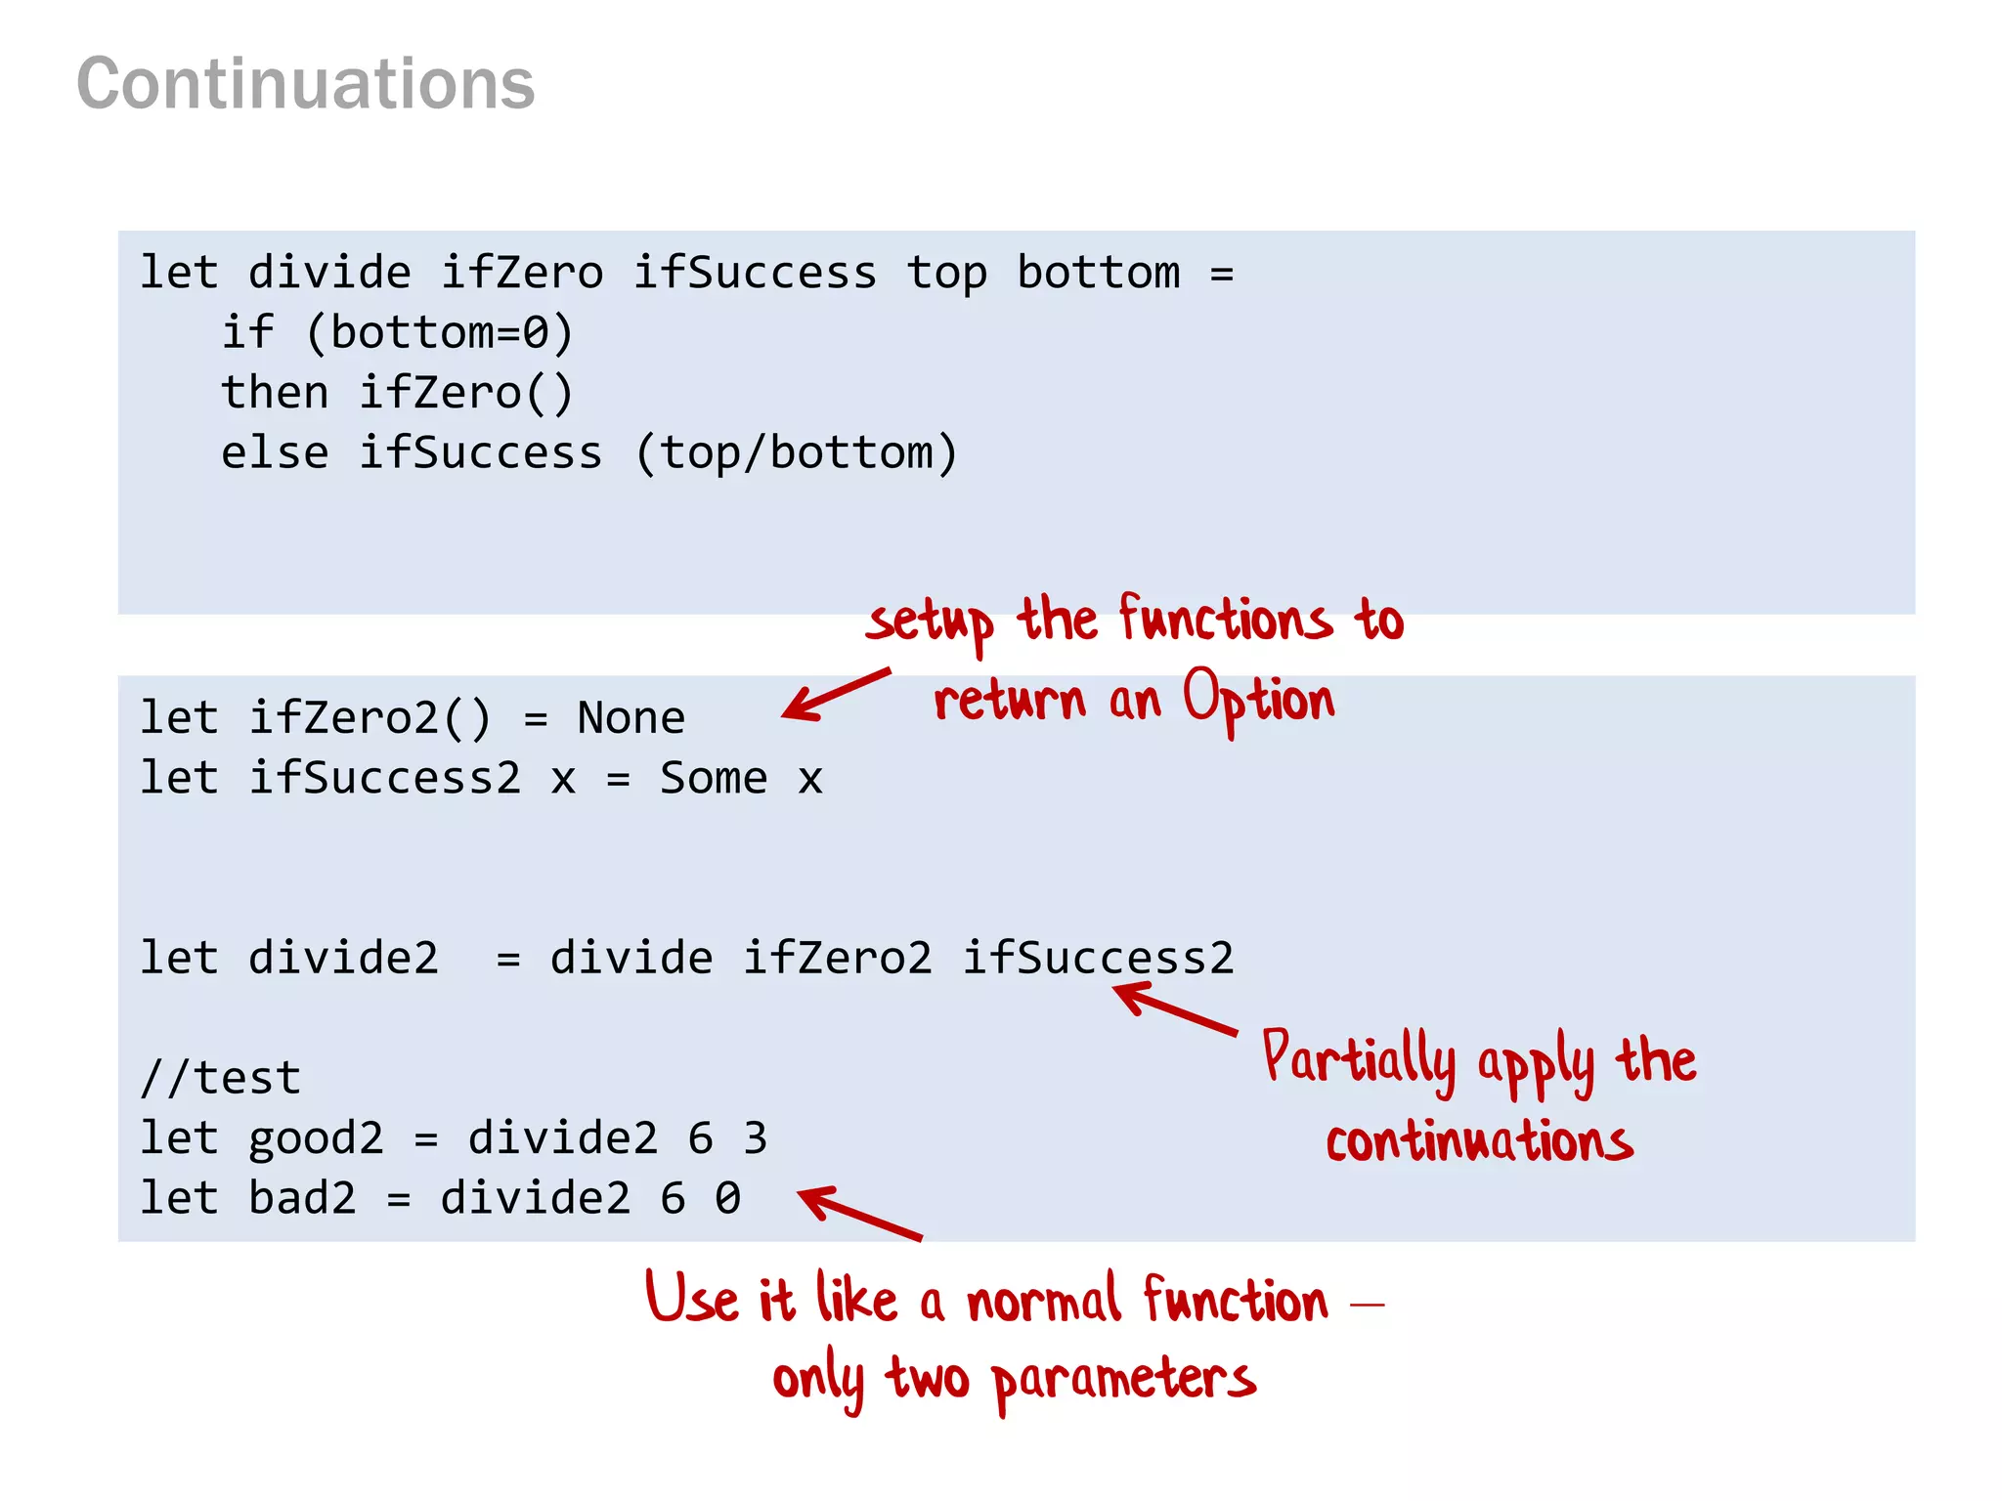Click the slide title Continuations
[306, 84]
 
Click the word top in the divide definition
[946, 274]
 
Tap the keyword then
[275, 394]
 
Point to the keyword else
[275, 453]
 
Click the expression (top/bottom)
[796, 453]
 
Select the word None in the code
[631, 719]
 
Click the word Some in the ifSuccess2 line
[714, 779]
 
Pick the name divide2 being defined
[343, 959]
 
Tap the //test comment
[221, 1079]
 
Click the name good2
[316, 1139]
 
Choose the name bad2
[302, 1199]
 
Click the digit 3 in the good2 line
[755, 1139]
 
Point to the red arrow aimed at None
[836, 694]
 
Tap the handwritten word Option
[1259, 701]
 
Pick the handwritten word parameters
[1124, 1380]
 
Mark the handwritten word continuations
[1479, 1141]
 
